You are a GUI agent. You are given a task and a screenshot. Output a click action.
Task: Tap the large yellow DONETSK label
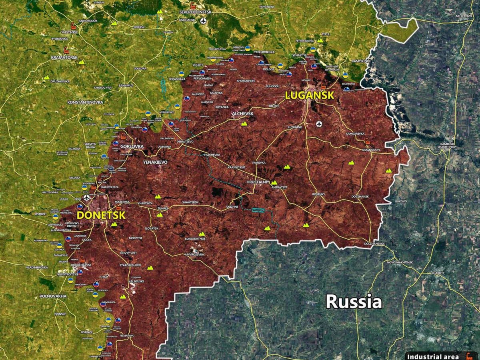point(101,215)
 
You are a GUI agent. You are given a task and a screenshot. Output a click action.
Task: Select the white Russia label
point(354,302)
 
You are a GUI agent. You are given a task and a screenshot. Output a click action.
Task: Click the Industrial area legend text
point(430,356)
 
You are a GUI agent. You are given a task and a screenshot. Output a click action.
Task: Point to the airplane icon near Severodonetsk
point(204,21)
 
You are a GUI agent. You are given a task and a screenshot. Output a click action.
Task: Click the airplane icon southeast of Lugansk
point(319,124)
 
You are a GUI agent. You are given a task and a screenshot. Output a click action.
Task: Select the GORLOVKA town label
point(132,147)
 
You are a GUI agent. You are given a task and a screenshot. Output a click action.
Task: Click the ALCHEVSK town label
point(243,114)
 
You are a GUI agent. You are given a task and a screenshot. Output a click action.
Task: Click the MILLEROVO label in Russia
point(464,16)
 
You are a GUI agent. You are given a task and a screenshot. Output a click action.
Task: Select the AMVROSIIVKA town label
point(194,254)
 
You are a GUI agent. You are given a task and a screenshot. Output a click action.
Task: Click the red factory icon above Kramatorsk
point(66,51)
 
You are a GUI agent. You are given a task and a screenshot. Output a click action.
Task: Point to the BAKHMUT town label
point(126,86)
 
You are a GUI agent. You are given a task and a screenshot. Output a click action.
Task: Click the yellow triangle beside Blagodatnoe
point(202,234)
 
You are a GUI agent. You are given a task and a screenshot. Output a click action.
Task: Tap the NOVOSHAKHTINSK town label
point(399,262)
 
